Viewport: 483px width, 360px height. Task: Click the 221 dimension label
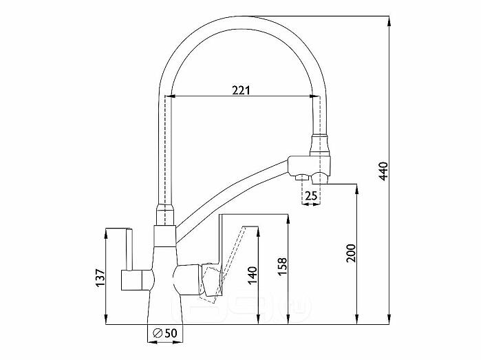coord(241,90)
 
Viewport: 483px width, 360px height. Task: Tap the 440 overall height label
coord(383,171)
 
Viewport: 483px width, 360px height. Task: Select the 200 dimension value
coord(350,253)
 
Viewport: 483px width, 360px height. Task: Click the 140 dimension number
coord(252,275)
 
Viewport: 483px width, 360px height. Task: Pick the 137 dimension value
coord(100,277)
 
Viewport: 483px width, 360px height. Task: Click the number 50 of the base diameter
coord(171,333)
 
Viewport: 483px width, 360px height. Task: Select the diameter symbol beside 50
coord(158,333)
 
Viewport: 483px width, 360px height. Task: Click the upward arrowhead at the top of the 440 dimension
coord(389,21)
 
